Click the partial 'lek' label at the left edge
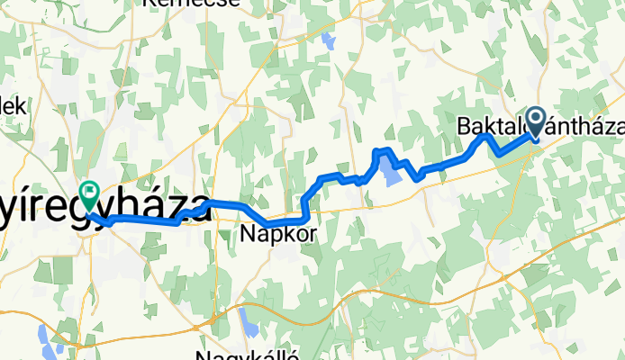click(x=13, y=105)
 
